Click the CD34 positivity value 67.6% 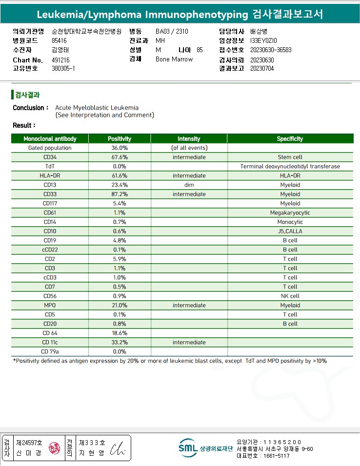tap(120, 157)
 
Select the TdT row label tap(50, 166)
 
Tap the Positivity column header tap(120, 139)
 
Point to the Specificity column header tap(290, 139)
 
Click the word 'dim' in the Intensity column tap(189, 185)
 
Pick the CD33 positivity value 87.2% tap(120, 194)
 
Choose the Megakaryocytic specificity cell tap(290, 213)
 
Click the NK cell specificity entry tap(290, 296)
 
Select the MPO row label tap(50, 305)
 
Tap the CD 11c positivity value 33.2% tap(120, 342)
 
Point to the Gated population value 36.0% tap(120, 148)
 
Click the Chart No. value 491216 tap(60, 59)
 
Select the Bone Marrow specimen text tap(174, 59)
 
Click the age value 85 tap(200, 50)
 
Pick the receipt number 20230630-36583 tap(270, 50)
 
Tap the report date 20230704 tap(262, 69)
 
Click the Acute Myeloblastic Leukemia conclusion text tap(97, 108)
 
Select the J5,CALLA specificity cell tap(290, 231)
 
